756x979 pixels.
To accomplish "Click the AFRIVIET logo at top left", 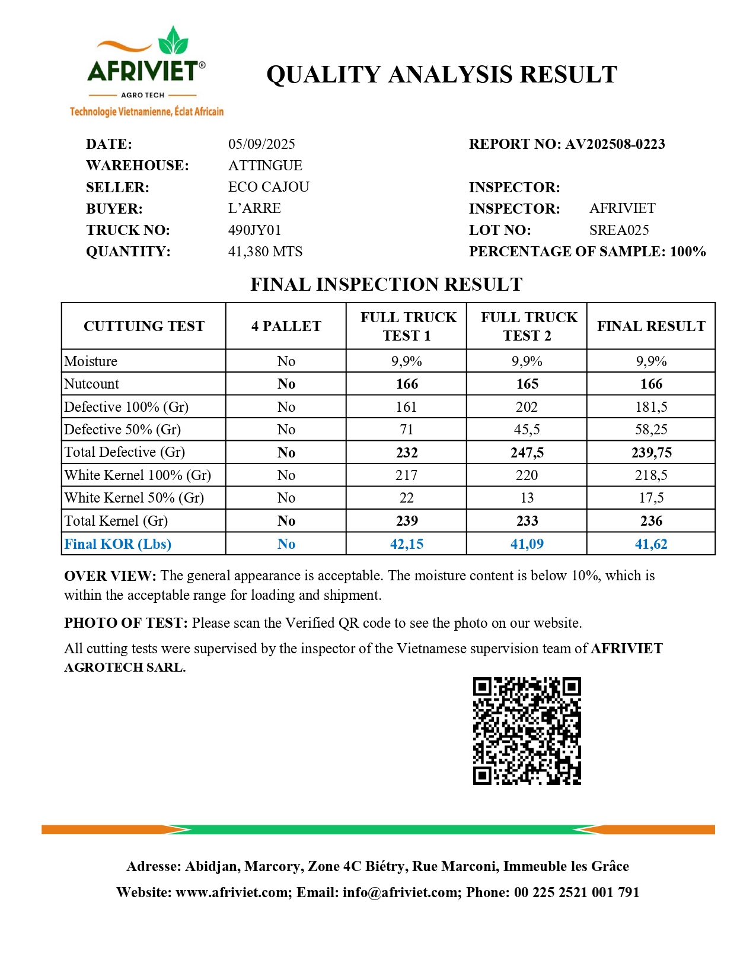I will [x=146, y=71].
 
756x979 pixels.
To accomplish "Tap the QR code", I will [x=527, y=730].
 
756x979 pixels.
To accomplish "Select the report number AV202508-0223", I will [x=615, y=144].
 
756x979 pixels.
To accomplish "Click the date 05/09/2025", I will [x=261, y=144].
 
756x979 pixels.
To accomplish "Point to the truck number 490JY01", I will [x=254, y=230].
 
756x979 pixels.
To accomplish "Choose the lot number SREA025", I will [x=619, y=230].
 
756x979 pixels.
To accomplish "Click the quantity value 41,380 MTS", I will [x=265, y=252].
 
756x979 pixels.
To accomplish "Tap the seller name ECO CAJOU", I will [x=269, y=187].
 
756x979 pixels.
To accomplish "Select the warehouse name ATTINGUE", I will [x=265, y=166].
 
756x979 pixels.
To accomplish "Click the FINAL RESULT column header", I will [x=651, y=326].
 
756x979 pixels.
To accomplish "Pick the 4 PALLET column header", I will [x=286, y=326].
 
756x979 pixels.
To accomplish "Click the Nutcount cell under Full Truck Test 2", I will [x=527, y=384].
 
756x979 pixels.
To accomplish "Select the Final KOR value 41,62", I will [x=651, y=544].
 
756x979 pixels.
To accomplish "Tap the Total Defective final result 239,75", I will [x=651, y=453].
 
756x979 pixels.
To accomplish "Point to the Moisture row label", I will [x=91, y=361].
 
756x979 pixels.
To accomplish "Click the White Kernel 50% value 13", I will [x=527, y=498].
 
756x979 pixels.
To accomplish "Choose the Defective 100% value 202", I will [x=527, y=407].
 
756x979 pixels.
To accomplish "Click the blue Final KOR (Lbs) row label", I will [x=117, y=544].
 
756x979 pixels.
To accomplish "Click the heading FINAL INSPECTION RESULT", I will [x=386, y=285].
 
